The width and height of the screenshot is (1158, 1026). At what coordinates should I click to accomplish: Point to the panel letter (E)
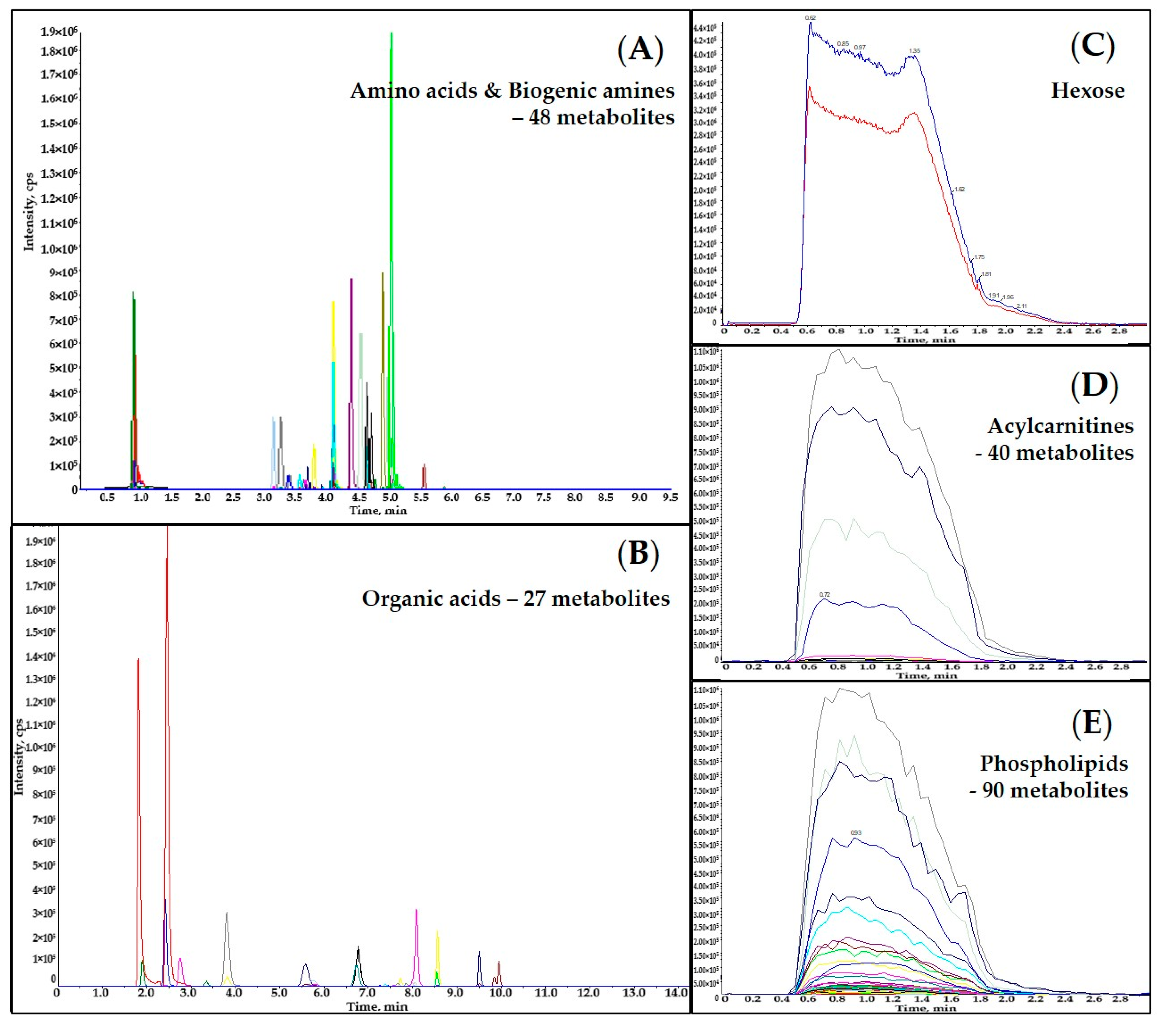point(1092,724)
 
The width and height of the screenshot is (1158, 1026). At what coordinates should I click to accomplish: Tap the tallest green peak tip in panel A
point(391,34)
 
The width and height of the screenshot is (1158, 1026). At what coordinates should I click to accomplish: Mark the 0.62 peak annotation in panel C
point(810,18)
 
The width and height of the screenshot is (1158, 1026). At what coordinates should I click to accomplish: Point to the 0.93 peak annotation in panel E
point(855,833)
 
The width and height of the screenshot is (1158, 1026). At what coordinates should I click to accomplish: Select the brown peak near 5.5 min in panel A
point(424,466)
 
